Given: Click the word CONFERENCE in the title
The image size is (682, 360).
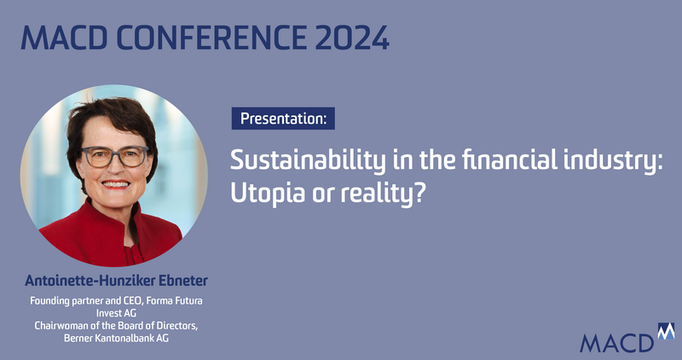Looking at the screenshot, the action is coord(211,38).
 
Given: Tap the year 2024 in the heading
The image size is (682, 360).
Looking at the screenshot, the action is coord(352,38).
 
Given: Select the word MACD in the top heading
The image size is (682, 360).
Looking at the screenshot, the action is coord(64,38).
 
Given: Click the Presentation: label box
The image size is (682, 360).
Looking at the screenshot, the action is coord(283,119).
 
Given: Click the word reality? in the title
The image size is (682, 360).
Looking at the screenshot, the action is coord(382,194).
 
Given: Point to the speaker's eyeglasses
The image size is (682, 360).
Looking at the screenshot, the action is coord(114,157).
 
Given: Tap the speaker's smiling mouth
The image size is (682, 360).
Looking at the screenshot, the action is coord(115,184).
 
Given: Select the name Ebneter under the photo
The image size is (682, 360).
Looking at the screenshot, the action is coord(183,281).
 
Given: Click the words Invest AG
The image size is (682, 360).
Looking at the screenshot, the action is coord(116,313).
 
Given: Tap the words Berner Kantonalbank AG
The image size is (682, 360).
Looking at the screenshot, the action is coord(116,338).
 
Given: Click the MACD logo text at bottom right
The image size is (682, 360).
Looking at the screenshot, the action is coord(616,344).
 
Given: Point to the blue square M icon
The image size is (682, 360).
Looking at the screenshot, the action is coord(667,331).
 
